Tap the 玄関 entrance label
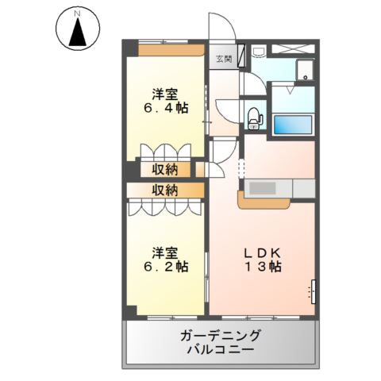point(224,59)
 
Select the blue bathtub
point(293,124)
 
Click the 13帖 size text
point(262,267)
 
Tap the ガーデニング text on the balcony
point(220,334)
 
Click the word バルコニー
point(220,349)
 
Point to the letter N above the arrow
point(78,13)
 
